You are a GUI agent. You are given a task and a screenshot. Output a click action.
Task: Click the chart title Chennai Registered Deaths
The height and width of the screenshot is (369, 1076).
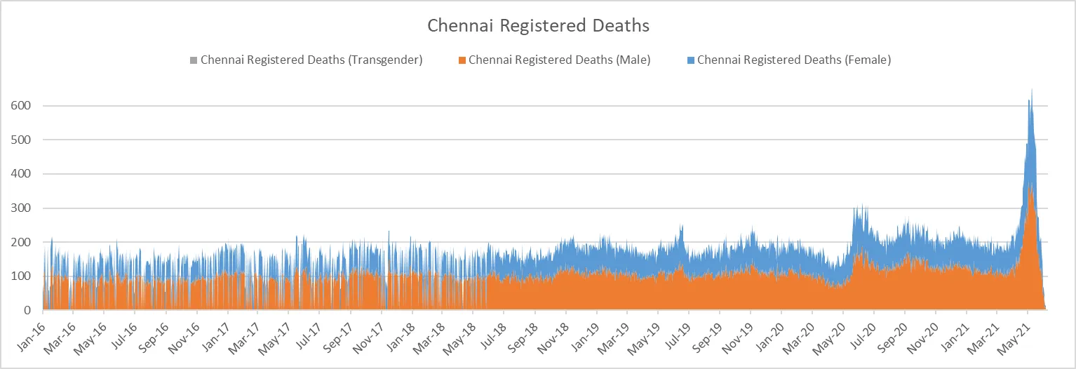click(538, 26)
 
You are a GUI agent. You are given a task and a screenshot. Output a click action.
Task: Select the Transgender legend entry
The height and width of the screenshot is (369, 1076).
click(311, 60)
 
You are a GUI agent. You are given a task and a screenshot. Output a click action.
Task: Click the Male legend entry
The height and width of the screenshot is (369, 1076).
click(559, 60)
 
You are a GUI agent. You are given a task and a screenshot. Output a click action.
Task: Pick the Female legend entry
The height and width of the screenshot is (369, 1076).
click(793, 60)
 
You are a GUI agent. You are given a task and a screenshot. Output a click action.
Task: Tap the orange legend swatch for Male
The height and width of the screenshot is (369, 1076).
click(462, 60)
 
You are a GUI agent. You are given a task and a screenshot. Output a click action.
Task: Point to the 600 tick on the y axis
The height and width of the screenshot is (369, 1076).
click(22, 106)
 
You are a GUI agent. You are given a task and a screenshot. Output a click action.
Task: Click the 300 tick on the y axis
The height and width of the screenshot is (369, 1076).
click(22, 208)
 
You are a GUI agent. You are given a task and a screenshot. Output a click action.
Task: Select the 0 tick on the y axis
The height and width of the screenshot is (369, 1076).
click(27, 310)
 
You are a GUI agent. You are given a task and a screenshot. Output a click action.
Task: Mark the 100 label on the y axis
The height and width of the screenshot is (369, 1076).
click(22, 276)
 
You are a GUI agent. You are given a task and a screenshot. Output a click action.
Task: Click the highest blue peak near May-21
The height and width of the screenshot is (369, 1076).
click(1031, 90)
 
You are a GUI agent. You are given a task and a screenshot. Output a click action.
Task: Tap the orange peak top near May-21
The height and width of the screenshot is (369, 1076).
click(1029, 185)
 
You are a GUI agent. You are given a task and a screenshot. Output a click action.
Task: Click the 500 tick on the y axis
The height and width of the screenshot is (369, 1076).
click(22, 140)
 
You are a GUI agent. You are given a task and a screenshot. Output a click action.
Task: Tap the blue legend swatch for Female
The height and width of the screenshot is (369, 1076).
click(691, 60)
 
